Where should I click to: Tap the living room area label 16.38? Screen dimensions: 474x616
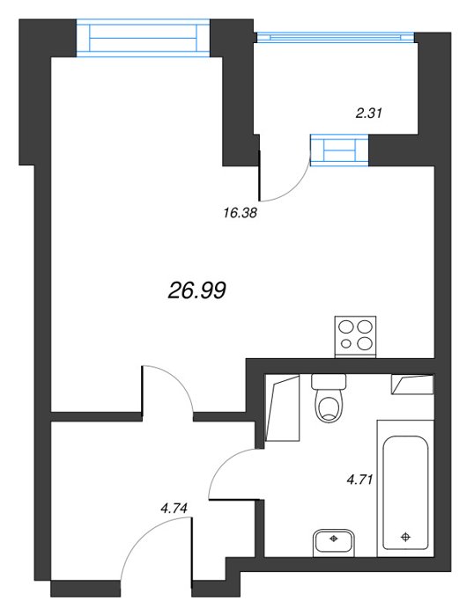[240, 213]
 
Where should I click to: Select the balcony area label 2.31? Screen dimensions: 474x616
[368, 114]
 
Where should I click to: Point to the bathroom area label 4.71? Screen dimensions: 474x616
[359, 480]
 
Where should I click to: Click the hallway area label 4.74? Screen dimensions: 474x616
[174, 509]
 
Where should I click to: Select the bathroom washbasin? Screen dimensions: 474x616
[334, 542]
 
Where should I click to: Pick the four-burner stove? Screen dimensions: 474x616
[356, 336]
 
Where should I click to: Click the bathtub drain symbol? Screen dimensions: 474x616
[405, 537]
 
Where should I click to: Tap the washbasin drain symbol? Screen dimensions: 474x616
[334, 539]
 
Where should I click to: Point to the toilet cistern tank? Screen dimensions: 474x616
[329, 381]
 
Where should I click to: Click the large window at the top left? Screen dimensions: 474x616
[143, 38]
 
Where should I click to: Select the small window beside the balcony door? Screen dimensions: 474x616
[339, 150]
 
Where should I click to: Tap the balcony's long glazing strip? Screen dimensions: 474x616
[336, 37]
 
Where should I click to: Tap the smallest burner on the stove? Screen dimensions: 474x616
[346, 344]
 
